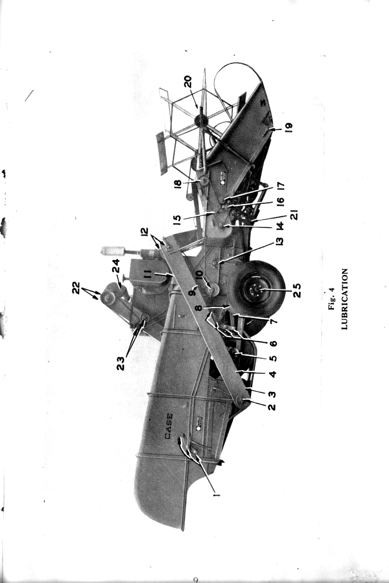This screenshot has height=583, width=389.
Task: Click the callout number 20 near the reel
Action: tap(188, 81)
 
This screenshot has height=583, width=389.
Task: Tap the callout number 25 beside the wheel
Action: tap(297, 290)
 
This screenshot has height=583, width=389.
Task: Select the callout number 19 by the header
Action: tap(289, 128)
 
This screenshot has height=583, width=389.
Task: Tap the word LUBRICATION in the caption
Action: tap(344, 300)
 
